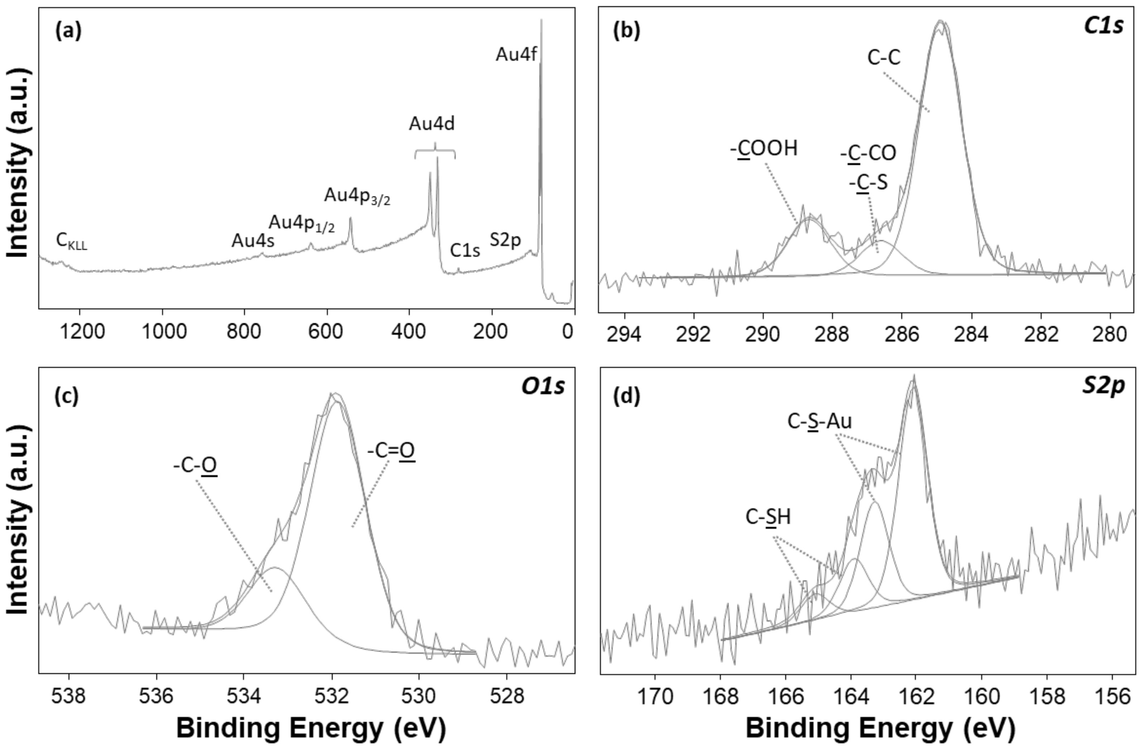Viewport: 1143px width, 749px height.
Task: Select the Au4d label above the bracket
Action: coord(432,124)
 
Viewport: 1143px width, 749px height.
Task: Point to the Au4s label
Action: coord(253,241)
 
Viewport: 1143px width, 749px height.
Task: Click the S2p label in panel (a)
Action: coord(505,240)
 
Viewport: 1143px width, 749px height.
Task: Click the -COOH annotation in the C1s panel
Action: coord(764,149)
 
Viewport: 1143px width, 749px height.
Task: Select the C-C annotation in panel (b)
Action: coord(884,58)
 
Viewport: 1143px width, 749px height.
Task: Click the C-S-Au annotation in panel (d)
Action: coord(819,422)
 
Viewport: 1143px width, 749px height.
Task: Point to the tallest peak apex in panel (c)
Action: coord(333,395)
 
